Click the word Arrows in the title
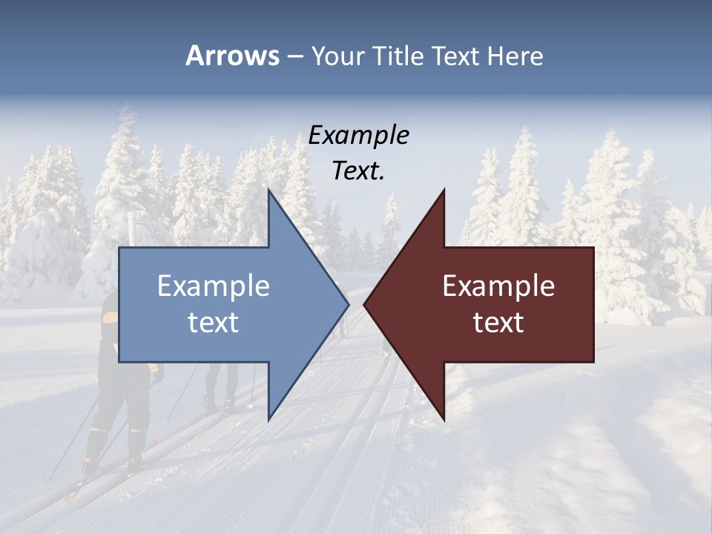(x=232, y=56)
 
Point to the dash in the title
(x=295, y=56)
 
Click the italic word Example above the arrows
(x=358, y=135)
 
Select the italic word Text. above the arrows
(x=358, y=171)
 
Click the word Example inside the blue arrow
(x=214, y=286)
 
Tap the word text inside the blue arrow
(x=214, y=323)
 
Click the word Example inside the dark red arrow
(x=498, y=286)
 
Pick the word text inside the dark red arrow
(x=498, y=323)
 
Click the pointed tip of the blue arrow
(x=348, y=305)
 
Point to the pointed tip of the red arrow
(x=364, y=305)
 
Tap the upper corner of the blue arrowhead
(x=268, y=190)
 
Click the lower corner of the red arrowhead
(x=444, y=420)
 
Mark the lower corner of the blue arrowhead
(x=268, y=420)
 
